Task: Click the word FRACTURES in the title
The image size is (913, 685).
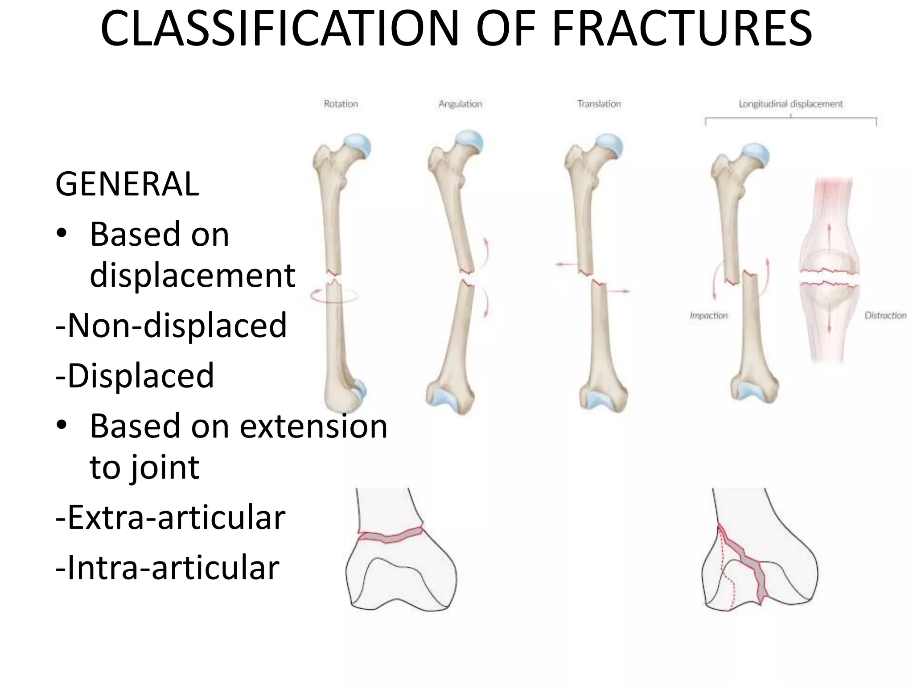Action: tap(682, 29)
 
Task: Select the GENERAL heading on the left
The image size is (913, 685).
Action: tap(127, 184)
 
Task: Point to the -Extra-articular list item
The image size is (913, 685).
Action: tap(170, 518)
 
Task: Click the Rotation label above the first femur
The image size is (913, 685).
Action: tap(341, 104)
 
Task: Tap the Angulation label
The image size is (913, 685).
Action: tap(460, 104)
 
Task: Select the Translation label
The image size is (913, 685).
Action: tap(599, 104)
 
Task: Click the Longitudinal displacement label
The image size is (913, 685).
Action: tap(790, 104)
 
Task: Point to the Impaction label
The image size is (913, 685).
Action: tap(708, 316)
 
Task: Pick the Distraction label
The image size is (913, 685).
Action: tap(885, 316)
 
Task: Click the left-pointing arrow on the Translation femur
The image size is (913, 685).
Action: tap(564, 265)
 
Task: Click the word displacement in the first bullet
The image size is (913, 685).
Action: tap(193, 275)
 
